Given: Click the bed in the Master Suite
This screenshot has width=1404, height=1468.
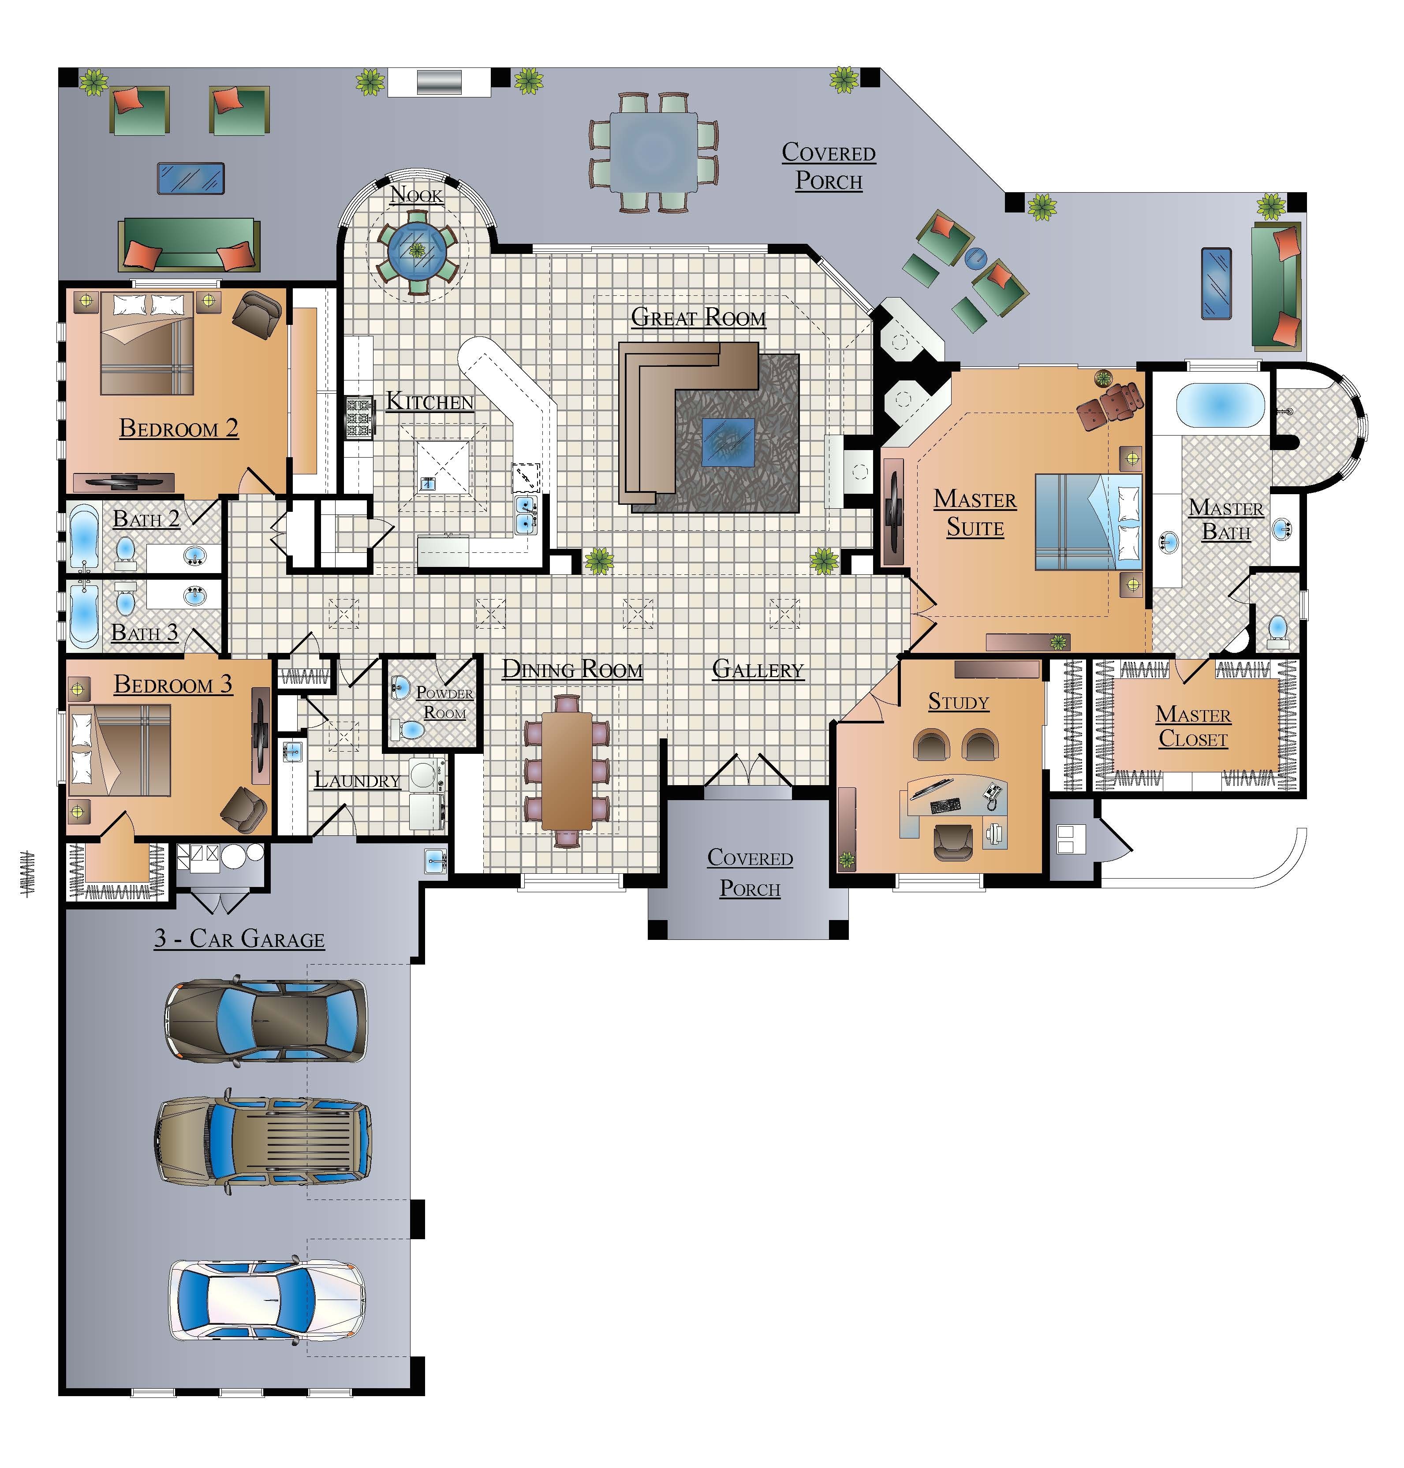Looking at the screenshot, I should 1089,522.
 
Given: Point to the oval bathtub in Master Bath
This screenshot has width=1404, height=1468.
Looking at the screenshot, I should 1220,405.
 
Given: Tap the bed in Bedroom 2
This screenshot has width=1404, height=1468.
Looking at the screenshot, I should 147,344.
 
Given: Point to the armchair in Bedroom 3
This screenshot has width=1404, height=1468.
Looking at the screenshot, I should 243,809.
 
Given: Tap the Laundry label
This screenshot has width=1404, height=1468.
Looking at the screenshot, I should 357,780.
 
